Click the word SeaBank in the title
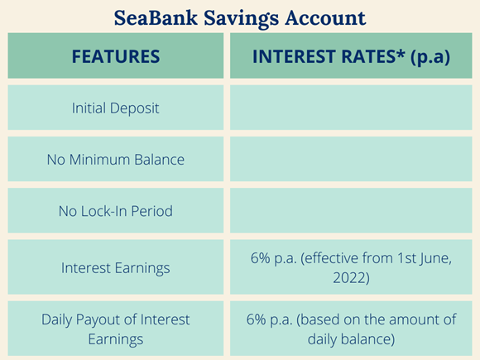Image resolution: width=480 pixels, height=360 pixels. pos(156,17)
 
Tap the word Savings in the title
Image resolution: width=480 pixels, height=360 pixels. pos(242,19)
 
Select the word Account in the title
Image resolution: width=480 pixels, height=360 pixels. pos(325,17)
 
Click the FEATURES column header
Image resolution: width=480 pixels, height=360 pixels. pos(116,56)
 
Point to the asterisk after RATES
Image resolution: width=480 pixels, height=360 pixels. pos(401,53)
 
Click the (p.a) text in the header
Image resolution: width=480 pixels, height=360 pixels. pos(430,58)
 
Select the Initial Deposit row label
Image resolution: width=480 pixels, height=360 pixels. pos(116,108)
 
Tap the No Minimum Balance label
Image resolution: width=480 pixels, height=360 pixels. pos(116,160)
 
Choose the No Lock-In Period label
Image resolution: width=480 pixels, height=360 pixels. pos(116,211)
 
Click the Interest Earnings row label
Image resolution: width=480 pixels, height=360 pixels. pos(116,268)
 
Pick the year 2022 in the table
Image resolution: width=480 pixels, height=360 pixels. pos(351,278)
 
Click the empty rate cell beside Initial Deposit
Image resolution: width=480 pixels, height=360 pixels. pos(351,108)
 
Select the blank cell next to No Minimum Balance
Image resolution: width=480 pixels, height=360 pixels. pos(351,159)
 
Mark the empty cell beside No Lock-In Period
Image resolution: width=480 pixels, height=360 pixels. pos(351,210)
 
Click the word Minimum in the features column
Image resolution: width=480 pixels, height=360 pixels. pos(99,160)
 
